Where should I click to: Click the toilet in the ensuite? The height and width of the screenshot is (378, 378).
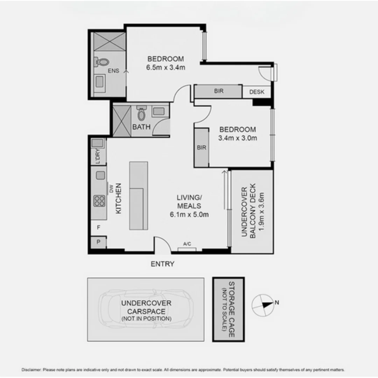[102, 62]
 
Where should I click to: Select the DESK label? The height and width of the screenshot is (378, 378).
[257, 92]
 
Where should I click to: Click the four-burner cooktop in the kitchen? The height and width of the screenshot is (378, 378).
[99, 201]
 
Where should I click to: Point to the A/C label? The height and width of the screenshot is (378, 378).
[187, 244]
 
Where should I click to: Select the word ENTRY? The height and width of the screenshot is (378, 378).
[162, 264]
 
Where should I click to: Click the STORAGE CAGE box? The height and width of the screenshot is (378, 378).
[228, 309]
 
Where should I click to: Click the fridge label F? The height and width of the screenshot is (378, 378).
[99, 227]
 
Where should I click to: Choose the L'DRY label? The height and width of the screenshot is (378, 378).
[98, 156]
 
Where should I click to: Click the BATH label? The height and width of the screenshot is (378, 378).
[141, 127]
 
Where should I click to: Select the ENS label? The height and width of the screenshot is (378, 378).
[113, 71]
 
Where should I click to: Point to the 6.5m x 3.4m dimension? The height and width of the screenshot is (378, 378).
[166, 67]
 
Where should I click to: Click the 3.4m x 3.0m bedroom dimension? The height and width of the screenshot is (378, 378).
[238, 138]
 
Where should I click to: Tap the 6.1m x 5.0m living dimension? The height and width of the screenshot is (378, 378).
[189, 215]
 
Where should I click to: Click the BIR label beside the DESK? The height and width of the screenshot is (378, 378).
[218, 91]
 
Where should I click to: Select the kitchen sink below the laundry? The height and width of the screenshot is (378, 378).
[101, 175]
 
